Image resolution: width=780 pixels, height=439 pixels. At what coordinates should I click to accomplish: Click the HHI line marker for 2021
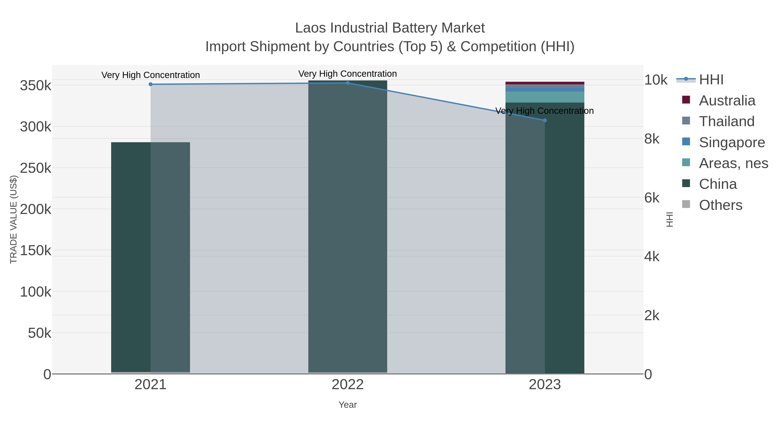[x=151, y=84]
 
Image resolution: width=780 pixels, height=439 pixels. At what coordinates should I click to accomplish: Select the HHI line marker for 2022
[x=348, y=83]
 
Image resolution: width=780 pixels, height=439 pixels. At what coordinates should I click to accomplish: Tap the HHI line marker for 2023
[x=545, y=120]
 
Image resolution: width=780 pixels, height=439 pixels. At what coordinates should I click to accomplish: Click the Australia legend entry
[x=727, y=101]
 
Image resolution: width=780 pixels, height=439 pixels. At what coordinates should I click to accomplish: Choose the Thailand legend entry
[x=726, y=121]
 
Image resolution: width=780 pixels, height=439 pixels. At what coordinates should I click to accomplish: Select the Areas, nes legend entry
[x=733, y=163]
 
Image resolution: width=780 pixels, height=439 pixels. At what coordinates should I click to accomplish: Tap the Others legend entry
[x=720, y=205]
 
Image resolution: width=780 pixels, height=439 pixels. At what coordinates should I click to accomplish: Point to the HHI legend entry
[x=711, y=80]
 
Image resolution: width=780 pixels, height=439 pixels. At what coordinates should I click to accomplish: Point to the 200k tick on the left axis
[x=36, y=209]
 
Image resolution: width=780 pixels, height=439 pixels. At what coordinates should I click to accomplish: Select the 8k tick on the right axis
[x=652, y=139]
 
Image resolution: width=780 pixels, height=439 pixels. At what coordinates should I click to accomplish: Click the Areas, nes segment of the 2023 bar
[x=545, y=97]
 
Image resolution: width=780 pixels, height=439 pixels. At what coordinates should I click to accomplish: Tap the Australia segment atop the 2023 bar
[x=545, y=83]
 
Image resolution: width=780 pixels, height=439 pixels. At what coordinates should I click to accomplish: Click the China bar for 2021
[x=151, y=258]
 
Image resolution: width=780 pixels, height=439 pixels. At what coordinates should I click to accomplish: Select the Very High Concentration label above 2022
[x=348, y=74]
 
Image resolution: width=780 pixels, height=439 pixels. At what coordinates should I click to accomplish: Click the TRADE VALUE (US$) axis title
[x=14, y=219]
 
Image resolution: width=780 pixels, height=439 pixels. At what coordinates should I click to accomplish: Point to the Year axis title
[x=348, y=405]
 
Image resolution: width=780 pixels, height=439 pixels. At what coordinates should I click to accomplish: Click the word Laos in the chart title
[x=311, y=28]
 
